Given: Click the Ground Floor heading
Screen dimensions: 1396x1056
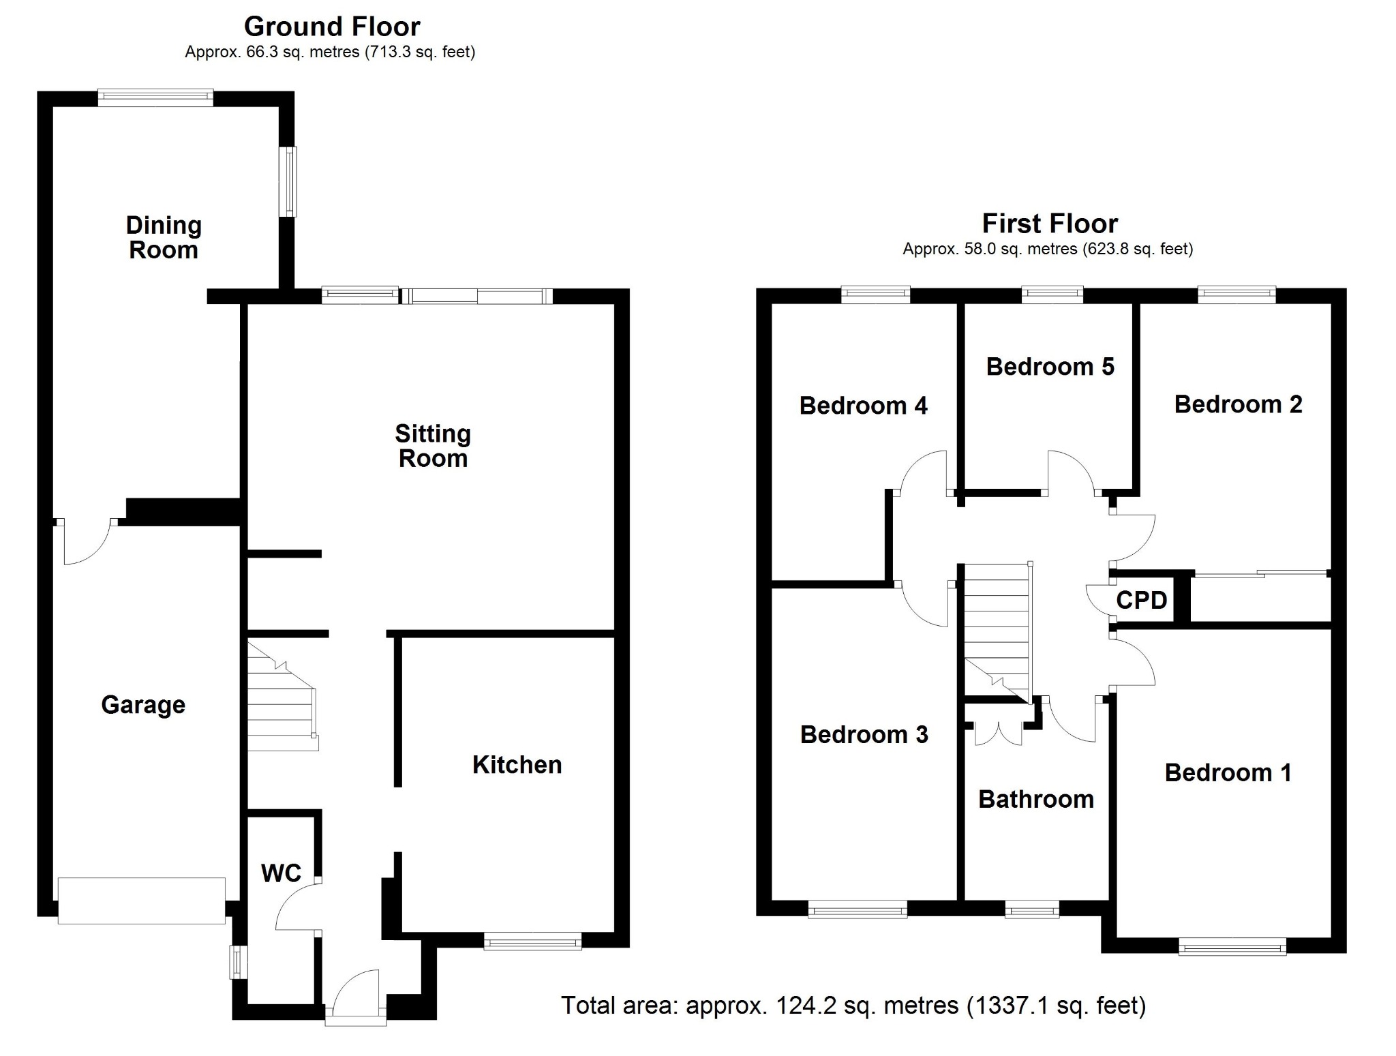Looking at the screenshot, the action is coord(332,27).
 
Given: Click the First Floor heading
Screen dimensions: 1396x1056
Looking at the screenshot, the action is coord(1049,224).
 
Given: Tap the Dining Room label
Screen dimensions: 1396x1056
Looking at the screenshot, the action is coord(164,237).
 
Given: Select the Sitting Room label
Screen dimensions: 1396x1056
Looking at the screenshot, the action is coord(433,446).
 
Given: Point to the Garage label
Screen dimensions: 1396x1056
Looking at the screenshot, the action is coord(143,704).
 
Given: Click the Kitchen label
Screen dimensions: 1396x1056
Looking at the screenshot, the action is coord(517,765).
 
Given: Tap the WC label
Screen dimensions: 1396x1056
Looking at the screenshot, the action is coord(281,873).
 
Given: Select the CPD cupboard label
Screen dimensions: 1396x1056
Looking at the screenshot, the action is coord(1141,601).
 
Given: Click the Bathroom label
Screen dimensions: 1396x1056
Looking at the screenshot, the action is coord(1036,799).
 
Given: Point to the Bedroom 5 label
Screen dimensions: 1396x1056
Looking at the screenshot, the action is coord(1050,367).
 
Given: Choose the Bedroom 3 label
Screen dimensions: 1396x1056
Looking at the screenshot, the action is coord(864,734).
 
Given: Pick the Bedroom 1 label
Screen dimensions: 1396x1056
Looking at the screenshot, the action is coord(1228,772).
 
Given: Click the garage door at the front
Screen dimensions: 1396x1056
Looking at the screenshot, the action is coord(142,901).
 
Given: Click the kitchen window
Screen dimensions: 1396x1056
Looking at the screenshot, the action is coord(532,944).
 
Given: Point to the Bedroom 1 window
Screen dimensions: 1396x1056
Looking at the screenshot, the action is coord(1232,946).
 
